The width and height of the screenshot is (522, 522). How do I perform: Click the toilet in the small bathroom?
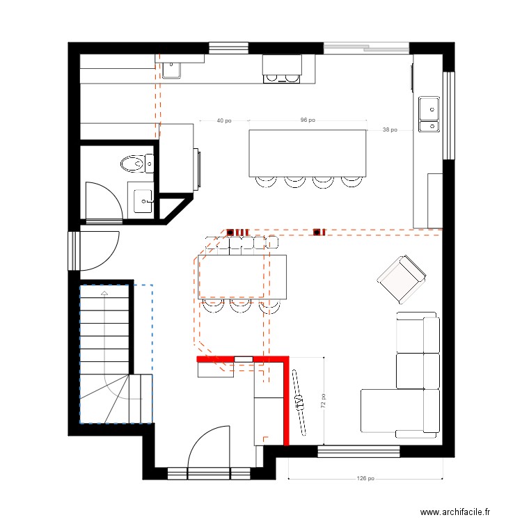click(x=137, y=164)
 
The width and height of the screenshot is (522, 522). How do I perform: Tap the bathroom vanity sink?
click(x=143, y=201)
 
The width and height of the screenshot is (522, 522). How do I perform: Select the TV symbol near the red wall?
click(x=299, y=402)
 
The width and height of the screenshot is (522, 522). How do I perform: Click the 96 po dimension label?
click(x=308, y=120)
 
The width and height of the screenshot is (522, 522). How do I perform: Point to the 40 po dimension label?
click(x=223, y=120)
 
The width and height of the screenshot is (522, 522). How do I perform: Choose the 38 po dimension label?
click(x=390, y=129)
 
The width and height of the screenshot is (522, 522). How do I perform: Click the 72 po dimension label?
click(x=323, y=401)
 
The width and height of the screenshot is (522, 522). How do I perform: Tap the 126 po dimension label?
click(x=365, y=478)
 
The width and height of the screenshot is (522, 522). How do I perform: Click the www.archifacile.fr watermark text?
click(x=455, y=512)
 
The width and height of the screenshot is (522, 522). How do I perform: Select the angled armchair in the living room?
click(x=402, y=279)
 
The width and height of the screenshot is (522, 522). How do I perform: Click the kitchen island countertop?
click(x=308, y=153)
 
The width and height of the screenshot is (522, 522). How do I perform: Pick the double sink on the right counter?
click(x=429, y=114)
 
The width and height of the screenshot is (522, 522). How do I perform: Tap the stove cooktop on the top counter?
click(x=282, y=79)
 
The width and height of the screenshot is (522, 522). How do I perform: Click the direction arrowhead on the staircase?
click(x=104, y=293)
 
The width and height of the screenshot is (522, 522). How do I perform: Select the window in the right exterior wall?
click(x=448, y=116)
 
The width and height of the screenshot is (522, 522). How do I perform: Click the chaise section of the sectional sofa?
click(x=392, y=411)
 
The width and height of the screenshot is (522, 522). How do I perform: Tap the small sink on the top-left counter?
click(x=171, y=70)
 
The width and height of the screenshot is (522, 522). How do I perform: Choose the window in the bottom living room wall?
click(x=358, y=452)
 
